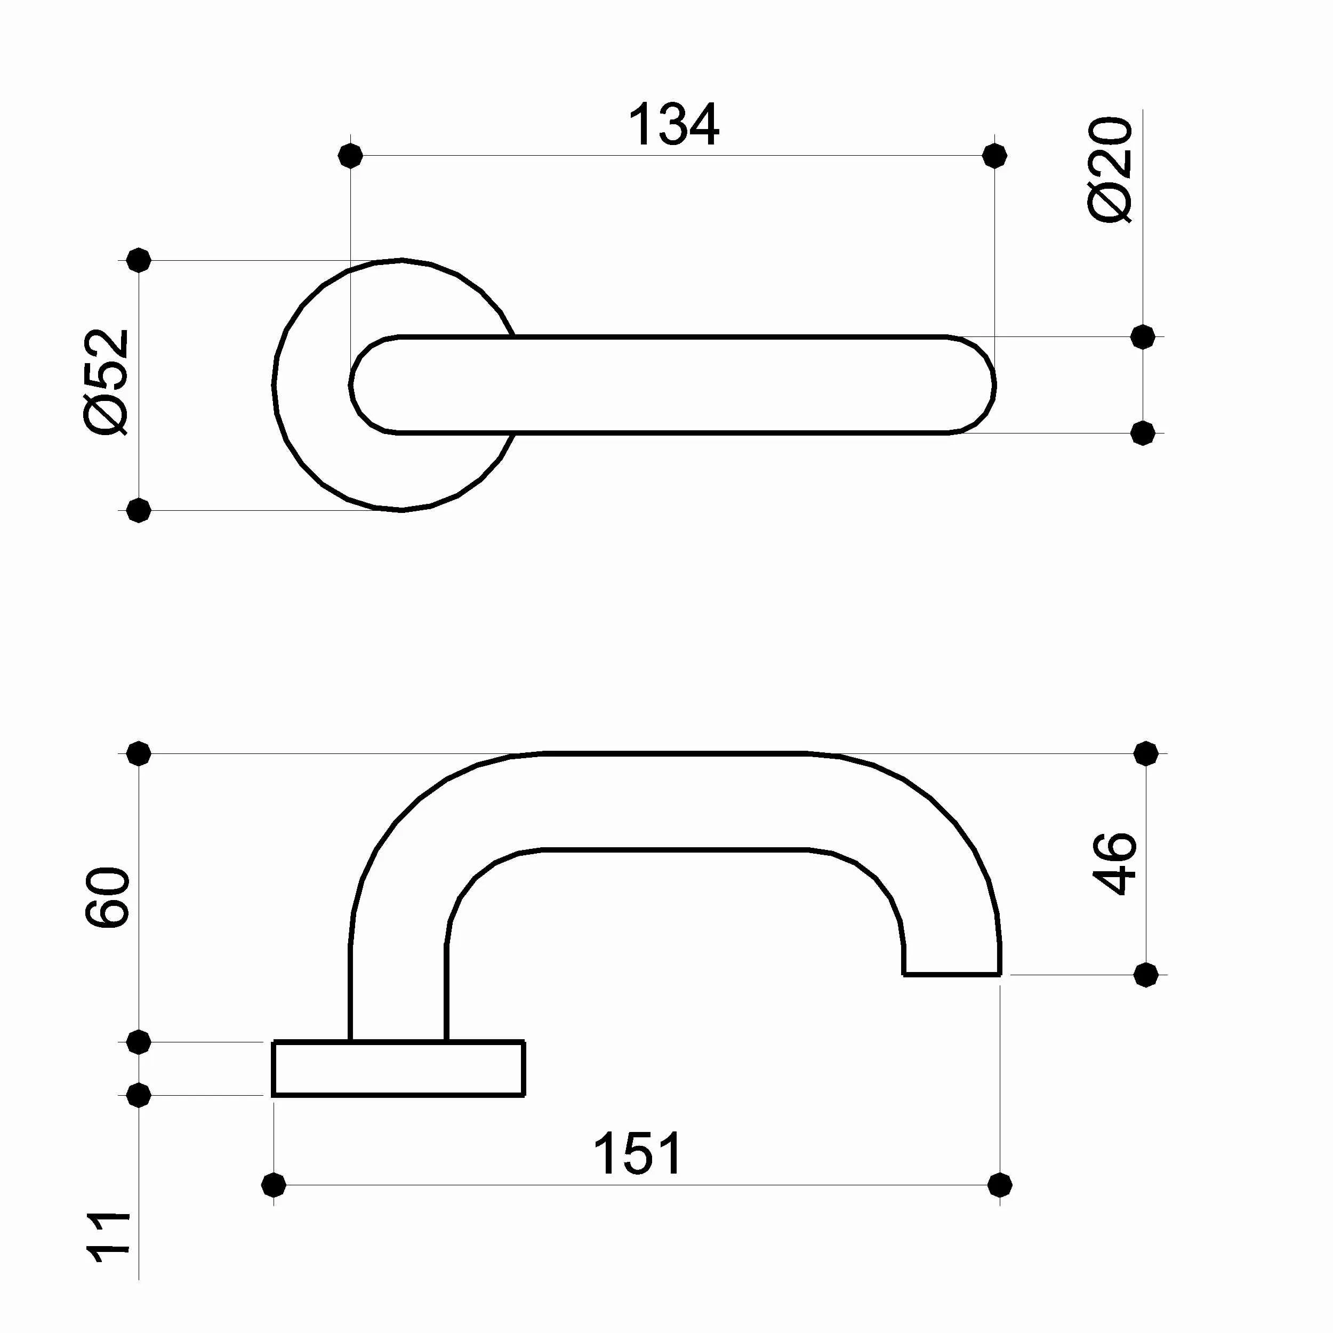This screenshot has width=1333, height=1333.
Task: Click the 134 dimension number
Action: [673, 125]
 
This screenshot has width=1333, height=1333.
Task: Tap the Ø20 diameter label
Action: [1110, 170]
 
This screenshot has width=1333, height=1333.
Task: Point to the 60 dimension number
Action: [108, 897]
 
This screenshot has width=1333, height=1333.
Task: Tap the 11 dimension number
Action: [109, 1237]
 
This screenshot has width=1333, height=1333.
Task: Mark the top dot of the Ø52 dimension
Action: [139, 260]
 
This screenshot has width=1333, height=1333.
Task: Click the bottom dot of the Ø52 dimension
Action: [139, 511]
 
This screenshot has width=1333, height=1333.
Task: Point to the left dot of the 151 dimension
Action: [274, 1185]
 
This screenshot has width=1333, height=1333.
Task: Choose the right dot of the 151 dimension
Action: [1000, 1185]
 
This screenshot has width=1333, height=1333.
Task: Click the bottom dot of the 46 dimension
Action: [1145, 975]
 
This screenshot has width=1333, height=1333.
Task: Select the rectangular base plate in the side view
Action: [399, 1069]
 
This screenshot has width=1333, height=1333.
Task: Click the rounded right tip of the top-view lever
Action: [983, 385]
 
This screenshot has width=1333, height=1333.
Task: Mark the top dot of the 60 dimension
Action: [139, 753]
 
